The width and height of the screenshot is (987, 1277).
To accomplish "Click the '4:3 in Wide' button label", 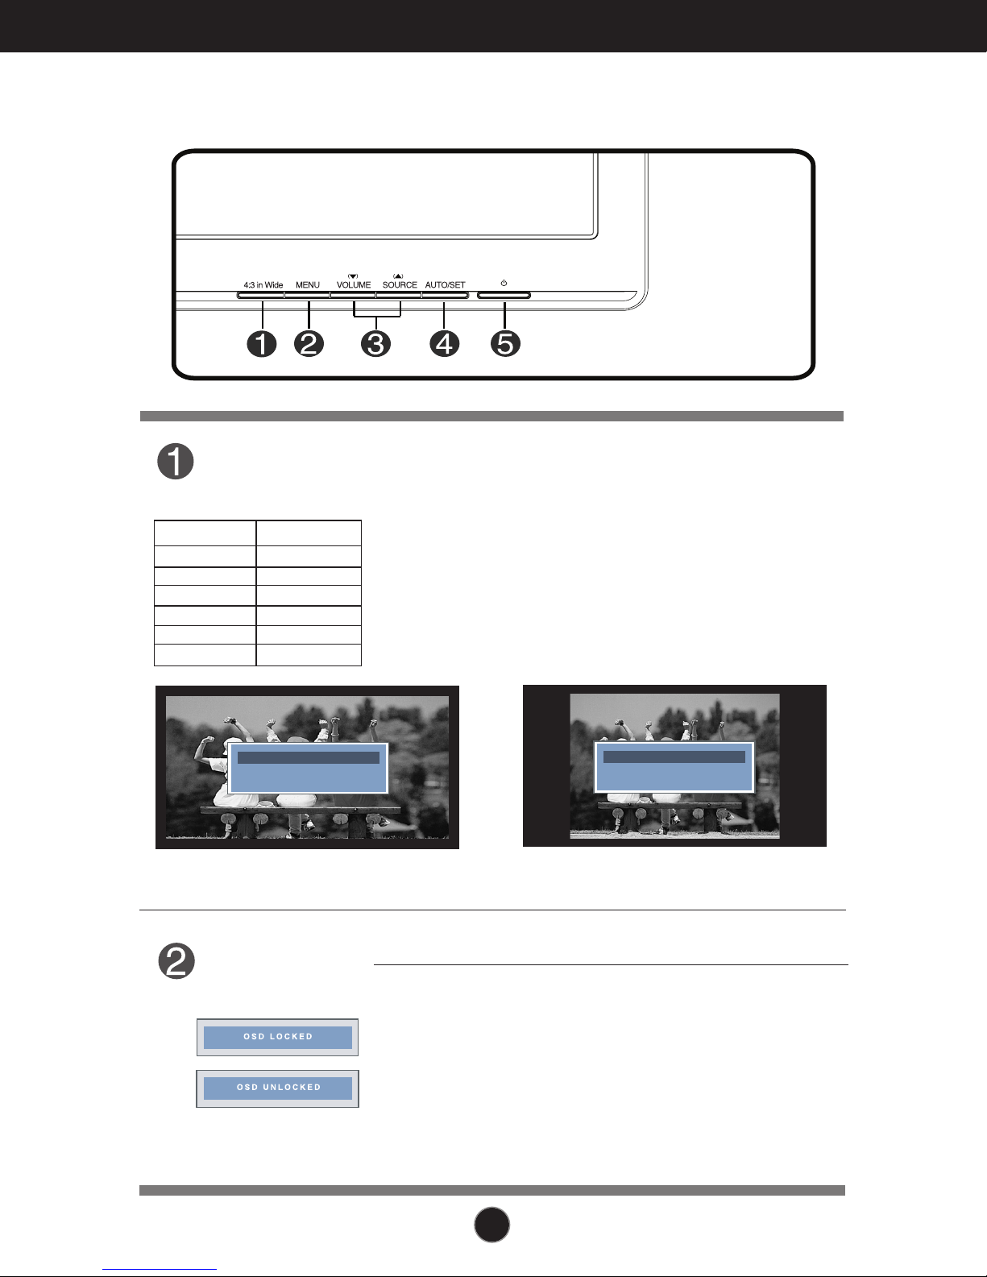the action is (263, 285).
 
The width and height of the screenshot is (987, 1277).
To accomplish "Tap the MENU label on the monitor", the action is (308, 285).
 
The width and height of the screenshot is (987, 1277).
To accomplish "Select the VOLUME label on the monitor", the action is (354, 285).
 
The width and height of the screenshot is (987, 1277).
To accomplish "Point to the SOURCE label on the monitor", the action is (400, 285).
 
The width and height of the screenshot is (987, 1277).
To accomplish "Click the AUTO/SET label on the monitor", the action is (445, 285).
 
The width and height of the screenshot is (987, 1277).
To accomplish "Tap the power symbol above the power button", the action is (504, 284).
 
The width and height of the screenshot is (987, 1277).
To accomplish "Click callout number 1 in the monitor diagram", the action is (262, 343).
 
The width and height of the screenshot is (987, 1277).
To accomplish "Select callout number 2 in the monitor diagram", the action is (309, 343).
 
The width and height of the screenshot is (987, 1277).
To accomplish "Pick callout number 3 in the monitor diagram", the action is (376, 343).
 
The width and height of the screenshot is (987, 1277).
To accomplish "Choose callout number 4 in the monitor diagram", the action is (445, 343).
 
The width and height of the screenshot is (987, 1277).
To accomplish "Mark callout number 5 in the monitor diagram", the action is (505, 343).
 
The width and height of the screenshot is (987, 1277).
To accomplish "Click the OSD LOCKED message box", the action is (277, 1037).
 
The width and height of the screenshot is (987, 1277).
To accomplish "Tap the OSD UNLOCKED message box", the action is (277, 1088).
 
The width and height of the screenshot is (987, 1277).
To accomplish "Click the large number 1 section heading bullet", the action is (176, 462).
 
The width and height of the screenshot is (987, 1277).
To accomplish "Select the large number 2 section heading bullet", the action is (176, 961).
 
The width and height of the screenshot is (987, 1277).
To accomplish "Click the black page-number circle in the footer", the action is (491, 1225).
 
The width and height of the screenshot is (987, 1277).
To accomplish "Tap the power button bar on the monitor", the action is (504, 295).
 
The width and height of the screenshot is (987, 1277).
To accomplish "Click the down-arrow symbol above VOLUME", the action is (353, 276).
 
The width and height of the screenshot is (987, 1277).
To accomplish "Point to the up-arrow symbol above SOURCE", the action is (398, 276).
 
